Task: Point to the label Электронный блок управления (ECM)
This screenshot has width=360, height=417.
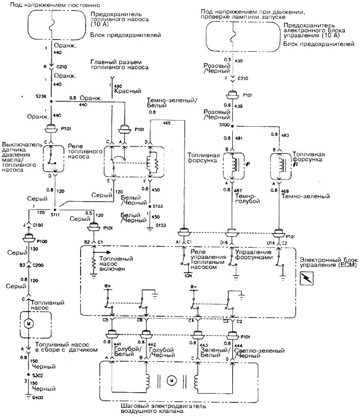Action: tap(330, 262)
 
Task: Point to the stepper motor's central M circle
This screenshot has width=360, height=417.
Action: tap(171, 378)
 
